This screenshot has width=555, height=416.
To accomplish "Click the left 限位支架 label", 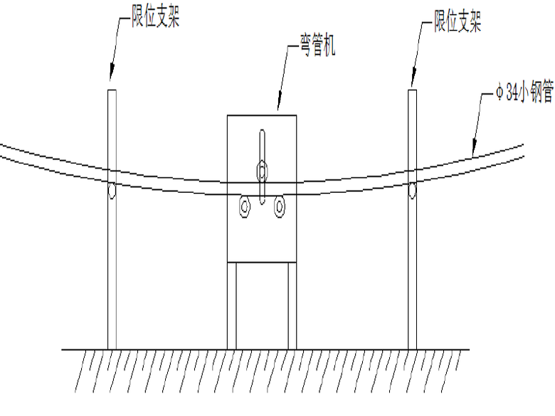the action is pyautogui.click(x=156, y=17).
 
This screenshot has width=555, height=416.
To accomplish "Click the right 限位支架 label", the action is pyautogui.click(x=458, y=21).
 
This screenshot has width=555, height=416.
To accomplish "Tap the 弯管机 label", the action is pyautogui.click(x=318, y=45).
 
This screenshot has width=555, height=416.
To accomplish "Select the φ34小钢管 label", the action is pyautogui.click(x=524, y=92).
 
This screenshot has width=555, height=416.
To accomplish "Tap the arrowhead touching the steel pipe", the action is pyautogui.click(x=474, y=149).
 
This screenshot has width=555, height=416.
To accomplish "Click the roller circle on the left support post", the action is pyautogui.click(x=112, y=191).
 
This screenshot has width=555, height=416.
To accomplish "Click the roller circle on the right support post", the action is pyautogui.click(x=413, y=191).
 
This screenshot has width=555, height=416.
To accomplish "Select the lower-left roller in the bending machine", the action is pyautogui.click(x=245, y=207).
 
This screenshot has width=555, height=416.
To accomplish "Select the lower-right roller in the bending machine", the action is pyautogui.click(x=279, y=207).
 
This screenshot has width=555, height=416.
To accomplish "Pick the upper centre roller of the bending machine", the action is pyautogui.click(x=262, y=171).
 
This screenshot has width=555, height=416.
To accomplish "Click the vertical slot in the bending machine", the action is pyautogui.click(x=262, y=167).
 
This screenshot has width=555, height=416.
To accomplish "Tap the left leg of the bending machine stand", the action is pyautogui.click(x=232, y=306).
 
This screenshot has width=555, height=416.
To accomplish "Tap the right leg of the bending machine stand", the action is pyautogui.click(x=292, y=306).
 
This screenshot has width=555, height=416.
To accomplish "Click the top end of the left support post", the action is pyautogui.click(x=112, y=90).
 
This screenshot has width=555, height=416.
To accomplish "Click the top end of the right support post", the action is pyautogui.click(x=413, y=90).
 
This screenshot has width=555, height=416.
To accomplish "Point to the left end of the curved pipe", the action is pyautogui.click(x=1, y=150).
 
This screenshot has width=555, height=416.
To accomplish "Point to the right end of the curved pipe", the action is pyautogui.click(x=523, y=150).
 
